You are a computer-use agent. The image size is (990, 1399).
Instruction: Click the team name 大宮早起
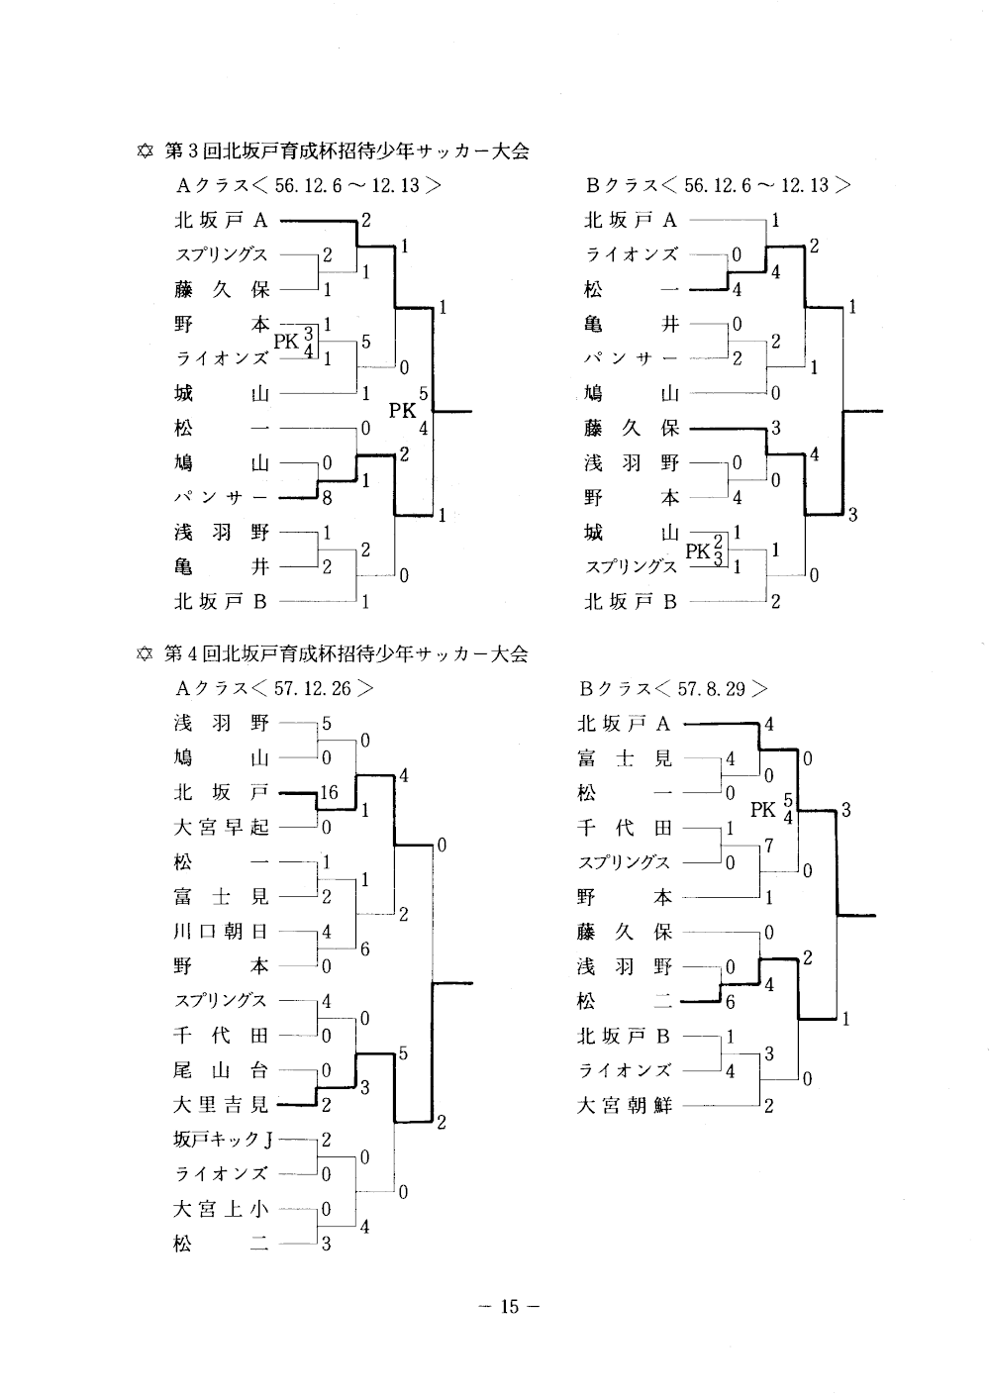(221, 828)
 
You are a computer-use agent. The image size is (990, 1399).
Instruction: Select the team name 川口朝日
(221, 932)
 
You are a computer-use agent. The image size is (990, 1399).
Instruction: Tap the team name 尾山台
(221, 1070)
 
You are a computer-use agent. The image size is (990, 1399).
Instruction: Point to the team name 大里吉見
(221, 1105)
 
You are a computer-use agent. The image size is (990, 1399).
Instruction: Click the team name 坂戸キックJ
(223, 1140)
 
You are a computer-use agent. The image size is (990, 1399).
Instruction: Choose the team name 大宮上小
(221, 1209)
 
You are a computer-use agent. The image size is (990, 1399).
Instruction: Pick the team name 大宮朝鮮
(625, 1105)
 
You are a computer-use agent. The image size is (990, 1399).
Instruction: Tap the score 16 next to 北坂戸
(329, 792)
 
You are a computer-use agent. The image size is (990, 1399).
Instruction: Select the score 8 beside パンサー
(327, 499)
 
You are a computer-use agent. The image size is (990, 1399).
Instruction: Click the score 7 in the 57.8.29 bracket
(768, 846)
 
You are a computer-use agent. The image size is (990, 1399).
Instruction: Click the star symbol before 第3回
(145, 151)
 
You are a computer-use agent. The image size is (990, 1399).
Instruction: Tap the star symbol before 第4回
(145, 654)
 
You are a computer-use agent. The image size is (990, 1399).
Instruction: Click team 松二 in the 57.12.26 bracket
(221, 1244)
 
